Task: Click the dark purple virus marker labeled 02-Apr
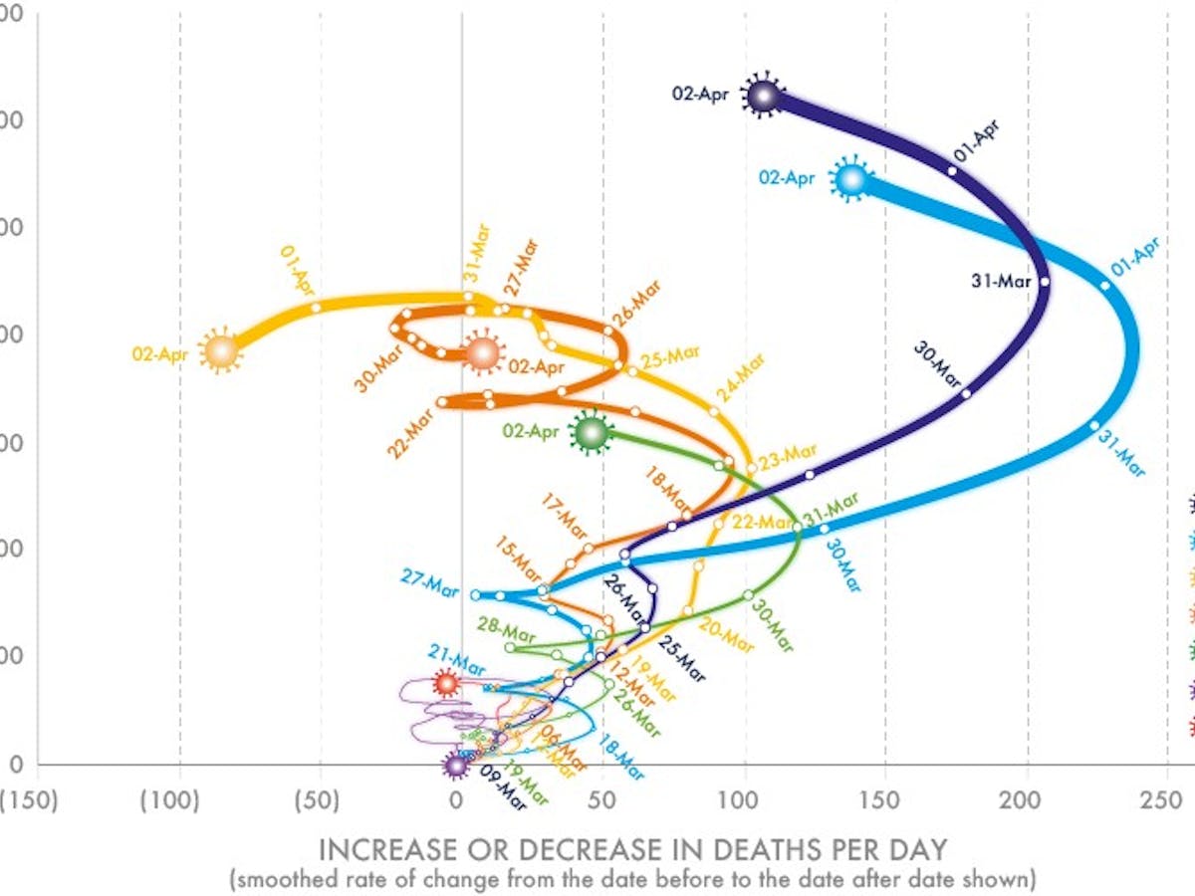click(763, 96)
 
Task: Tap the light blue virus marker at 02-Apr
click(850, 179)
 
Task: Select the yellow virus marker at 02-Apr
click(220, 350)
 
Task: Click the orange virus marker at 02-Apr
click(482, 353)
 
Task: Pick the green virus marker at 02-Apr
click(591, 433)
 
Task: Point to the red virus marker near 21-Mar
click(445, 683)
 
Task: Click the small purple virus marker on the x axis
click(455, 766)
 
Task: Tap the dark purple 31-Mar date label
click(1001, 282)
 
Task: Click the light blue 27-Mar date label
click(430, 581)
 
